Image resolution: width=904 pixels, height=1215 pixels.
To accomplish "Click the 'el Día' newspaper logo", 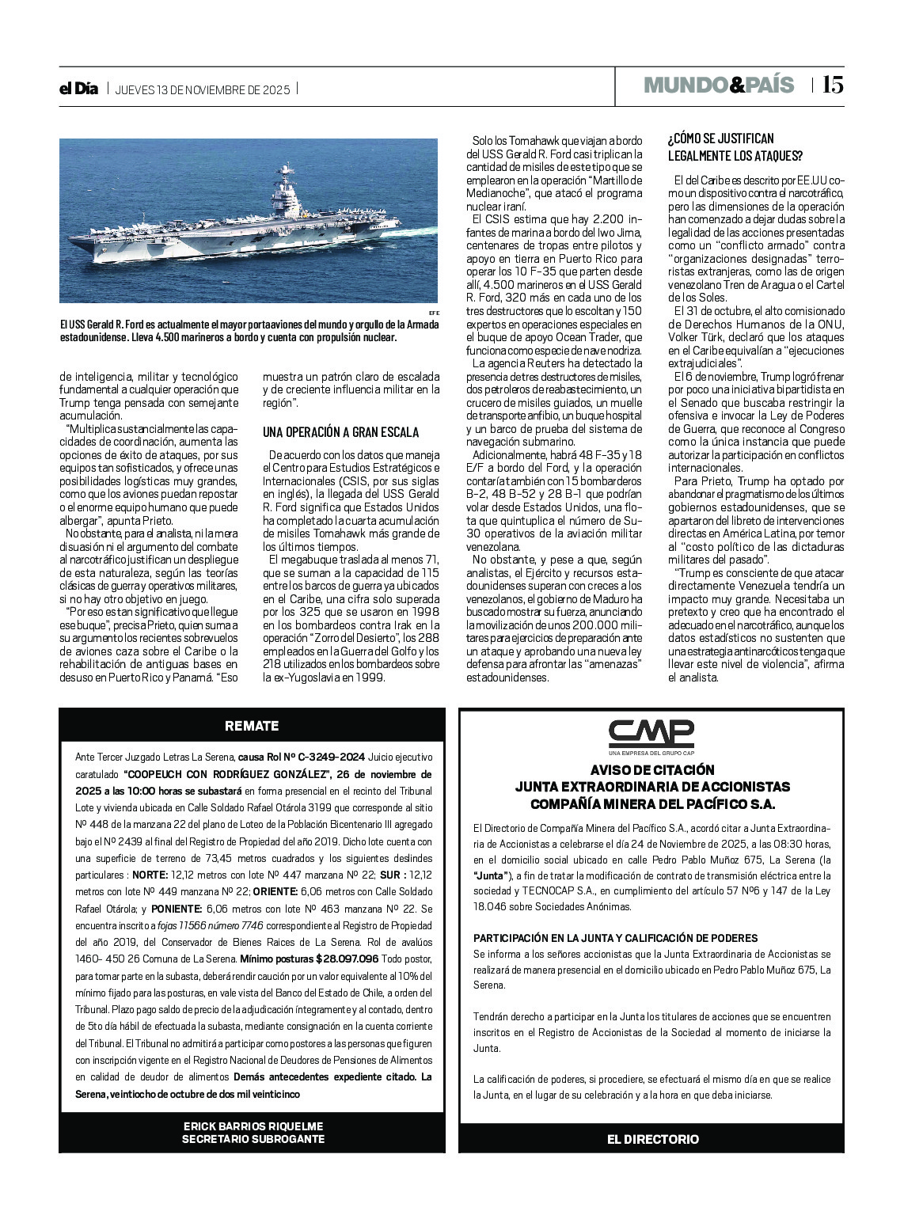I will pyautogui.click(x=78, y=89).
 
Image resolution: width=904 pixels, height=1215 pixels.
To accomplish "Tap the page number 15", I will pyautogui.click(x=832, y=85).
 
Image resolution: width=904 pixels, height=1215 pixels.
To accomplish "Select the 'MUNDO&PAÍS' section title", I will pyautogui.click(x=718, y=85).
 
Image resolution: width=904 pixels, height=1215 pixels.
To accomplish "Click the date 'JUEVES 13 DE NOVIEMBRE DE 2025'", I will pyautogui.click(x=203, y=89).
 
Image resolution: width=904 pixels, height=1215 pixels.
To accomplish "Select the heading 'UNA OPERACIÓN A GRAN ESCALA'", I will pyautogui.click(x=341, y=432).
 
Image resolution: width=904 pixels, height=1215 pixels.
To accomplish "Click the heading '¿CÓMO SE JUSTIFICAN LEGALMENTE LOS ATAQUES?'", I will pyautogui.click(x=735, y=146).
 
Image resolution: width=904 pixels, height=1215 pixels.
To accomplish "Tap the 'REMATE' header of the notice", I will pyautogui.click(x=252, y=726).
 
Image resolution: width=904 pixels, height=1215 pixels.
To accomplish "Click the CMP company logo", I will pyautogui.click(x=651, y=735).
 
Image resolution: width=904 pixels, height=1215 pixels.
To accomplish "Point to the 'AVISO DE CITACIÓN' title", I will pyautogui.click(x=651, y=769).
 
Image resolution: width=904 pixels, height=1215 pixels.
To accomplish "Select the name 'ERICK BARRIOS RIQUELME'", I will pyautogui.click(x=253, y=1126).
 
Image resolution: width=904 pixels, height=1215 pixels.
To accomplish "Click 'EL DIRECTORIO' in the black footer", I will pyautogui.click(x=652, y=1139).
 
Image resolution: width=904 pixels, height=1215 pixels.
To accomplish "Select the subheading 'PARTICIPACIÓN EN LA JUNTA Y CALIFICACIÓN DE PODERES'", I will pyautogui.click(x=615, y=938).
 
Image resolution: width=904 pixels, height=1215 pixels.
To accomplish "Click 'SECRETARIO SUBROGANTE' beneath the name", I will pyautogui.click(x=253, y=1139).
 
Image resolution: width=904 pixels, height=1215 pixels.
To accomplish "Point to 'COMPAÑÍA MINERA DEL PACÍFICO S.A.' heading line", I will pyautogui.click(x=651, y=804).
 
